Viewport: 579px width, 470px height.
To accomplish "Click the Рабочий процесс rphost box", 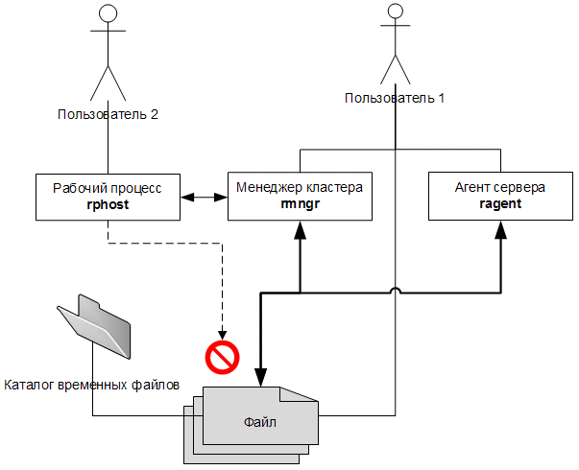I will pos(108,197).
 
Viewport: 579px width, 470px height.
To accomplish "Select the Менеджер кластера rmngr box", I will pos(299,197).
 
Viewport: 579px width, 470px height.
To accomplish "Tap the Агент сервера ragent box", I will pos(499,197).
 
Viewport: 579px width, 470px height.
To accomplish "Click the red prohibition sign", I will pos(222,358).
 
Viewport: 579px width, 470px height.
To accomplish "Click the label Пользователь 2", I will pos(108,114).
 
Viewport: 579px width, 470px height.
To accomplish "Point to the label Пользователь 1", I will pos(395,98).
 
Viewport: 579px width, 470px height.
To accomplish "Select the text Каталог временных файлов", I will pos(92,386).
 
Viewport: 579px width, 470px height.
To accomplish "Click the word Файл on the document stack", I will pos(254,419).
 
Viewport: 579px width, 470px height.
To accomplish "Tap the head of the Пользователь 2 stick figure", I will pos(108,13).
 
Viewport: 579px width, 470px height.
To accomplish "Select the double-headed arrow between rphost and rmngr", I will pos(203,198).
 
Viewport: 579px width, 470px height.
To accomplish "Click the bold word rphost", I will pos(108,204).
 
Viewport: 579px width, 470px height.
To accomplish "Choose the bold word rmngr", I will pos(299,204).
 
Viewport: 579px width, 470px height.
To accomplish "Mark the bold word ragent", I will pos(499,204).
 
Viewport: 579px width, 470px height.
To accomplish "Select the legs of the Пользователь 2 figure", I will pos(108,82).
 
